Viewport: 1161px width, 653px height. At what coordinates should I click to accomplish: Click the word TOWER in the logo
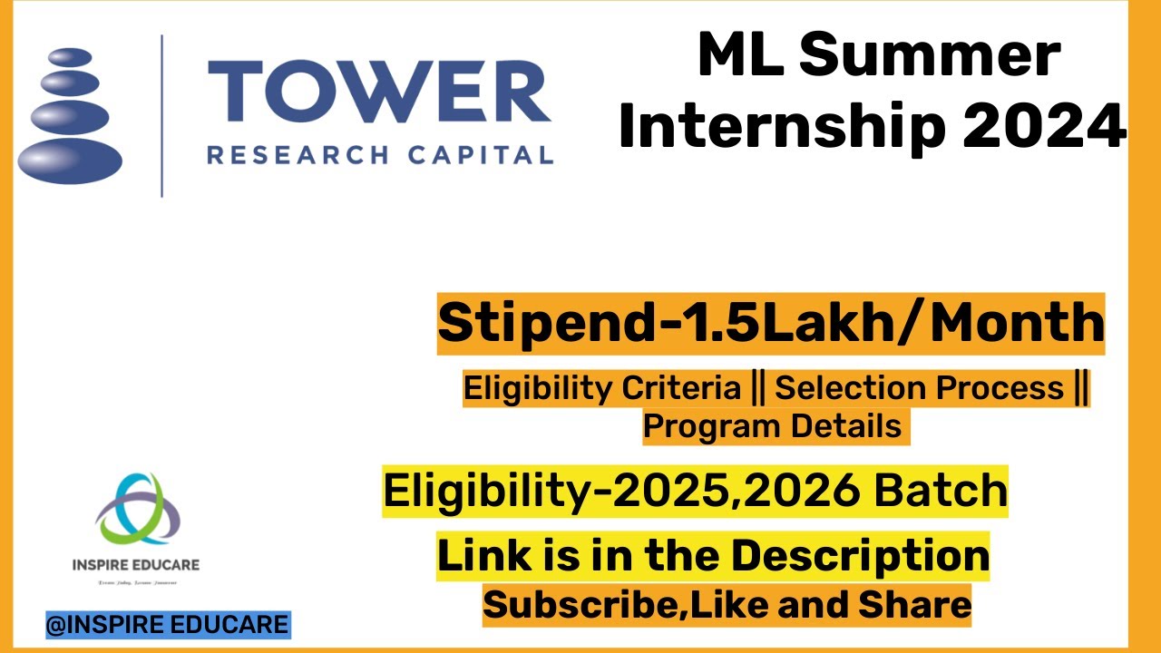[x=379, y=94]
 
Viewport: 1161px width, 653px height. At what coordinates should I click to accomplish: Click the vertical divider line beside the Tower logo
[x=162, y=115]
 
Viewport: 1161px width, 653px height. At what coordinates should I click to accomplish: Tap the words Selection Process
[x=919, y=388]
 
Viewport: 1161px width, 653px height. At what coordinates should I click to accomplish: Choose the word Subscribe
[x=581, y=603]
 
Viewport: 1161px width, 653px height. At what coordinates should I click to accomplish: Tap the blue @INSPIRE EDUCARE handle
[x=168, y=625]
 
